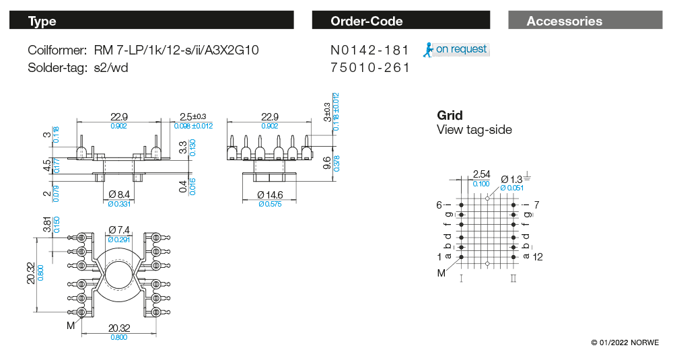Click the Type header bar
(x=151, y=21)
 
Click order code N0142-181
(x=370, y=50)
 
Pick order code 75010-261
(x=370, y=68)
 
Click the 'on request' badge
(x=456, y=49)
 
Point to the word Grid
(x=450, y=115)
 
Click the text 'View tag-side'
(x=474, y=130)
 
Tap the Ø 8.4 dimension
(x=119, y=194)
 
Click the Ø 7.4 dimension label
(x=119, y=230)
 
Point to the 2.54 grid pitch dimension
(x=481, y=174)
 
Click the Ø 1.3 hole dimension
(x=511, y=179)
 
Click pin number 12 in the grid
(x=537, y=257)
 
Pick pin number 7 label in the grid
(x=536, y=204)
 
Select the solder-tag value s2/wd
(x=112, y=68)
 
